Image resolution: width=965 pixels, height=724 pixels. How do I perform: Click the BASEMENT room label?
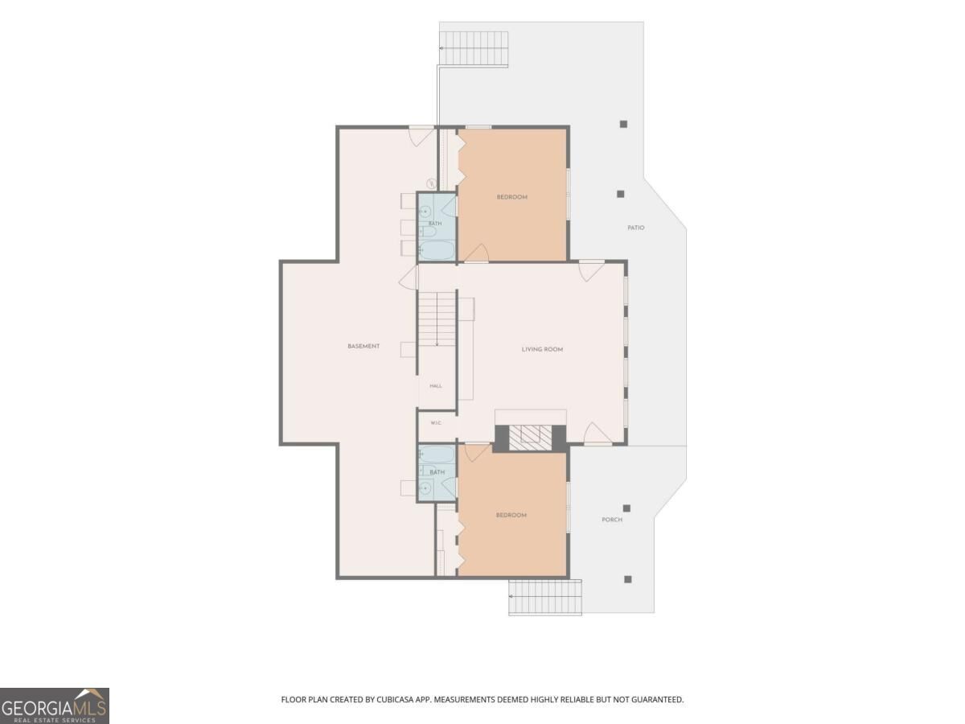(363, 347)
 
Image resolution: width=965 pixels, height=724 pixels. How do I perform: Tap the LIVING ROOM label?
(542, 349)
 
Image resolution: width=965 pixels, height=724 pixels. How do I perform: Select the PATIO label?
(636, 228)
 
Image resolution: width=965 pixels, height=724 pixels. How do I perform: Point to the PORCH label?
(612, 520)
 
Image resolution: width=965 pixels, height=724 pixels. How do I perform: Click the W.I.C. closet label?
(436, 423)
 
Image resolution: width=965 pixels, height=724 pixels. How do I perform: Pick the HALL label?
(436, 386)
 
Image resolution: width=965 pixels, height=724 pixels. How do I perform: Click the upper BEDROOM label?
(511, 197)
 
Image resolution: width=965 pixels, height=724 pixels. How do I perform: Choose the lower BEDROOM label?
(511, 515)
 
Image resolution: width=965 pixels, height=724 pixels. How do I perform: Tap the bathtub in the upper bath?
(437, 249)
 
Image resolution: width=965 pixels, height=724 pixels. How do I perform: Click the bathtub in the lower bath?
(437, 455)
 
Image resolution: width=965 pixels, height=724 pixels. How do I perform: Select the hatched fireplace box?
(530, 438)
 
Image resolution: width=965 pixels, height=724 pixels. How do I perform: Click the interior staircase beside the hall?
(437, 319)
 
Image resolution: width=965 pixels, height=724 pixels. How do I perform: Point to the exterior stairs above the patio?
(474, 49)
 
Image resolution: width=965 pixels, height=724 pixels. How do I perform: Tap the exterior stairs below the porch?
(545, 597)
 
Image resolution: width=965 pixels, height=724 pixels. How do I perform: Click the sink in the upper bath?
(425, 212)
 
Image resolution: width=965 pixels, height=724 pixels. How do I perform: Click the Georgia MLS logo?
(55, 706)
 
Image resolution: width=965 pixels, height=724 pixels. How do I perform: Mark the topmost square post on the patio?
(623, 125)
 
